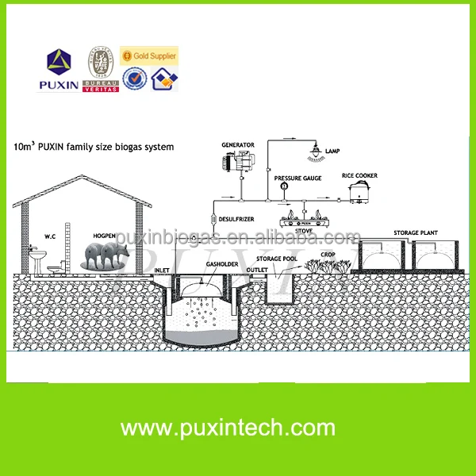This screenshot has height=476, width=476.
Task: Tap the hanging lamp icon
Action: tap(316, 151)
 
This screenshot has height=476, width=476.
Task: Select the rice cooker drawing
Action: tap(363, 192)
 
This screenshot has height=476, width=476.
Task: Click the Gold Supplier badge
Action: tap(148, 56)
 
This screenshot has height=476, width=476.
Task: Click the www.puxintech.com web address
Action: tap(237, 428)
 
